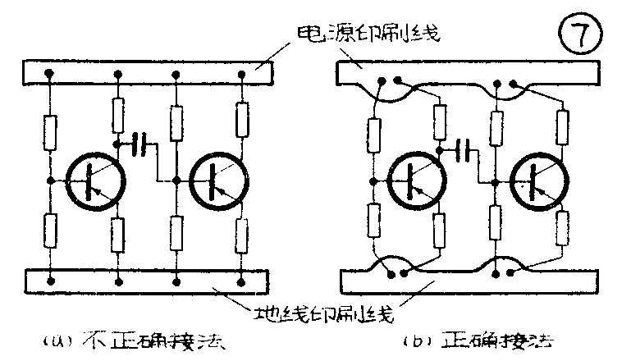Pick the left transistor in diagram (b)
point(414,180)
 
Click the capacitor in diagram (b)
point(465,149)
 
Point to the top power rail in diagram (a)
point(148,72)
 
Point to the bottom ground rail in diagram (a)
point(148,281)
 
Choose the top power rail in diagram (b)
point(468,72)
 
